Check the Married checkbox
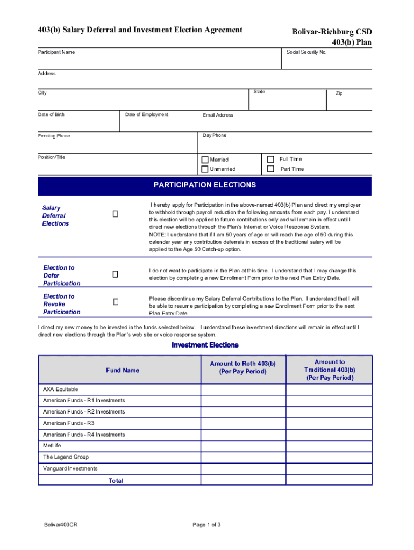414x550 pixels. point(205,160)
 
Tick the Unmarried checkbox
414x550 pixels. point(205,169)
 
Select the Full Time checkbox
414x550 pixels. point(270,159)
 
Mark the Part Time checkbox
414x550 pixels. point(270,169)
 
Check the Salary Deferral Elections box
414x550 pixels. point(115,214)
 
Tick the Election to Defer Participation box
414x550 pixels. point(115,274)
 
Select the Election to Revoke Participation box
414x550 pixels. point(115,302)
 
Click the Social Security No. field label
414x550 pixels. point(306,52)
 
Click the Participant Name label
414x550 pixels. point(56,52)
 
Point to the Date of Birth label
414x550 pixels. point(51,114)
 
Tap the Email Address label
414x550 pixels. point(218,115)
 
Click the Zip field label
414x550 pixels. point(339,93)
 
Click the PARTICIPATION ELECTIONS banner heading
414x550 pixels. point(205,185)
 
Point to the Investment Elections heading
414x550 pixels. point(205,345)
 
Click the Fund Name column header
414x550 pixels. point(123,370)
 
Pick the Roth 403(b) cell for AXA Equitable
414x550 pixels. point(243,389)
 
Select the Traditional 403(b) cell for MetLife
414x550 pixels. point(329,446)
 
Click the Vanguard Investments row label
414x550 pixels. point(70,468)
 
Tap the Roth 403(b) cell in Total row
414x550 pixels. point(243,480)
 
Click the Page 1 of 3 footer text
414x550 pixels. point(206,525)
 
